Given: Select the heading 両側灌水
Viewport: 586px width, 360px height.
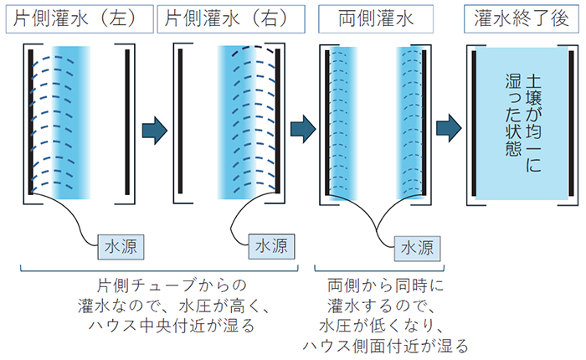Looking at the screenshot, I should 373,17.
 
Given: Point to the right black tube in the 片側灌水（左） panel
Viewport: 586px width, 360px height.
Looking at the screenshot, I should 127,120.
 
